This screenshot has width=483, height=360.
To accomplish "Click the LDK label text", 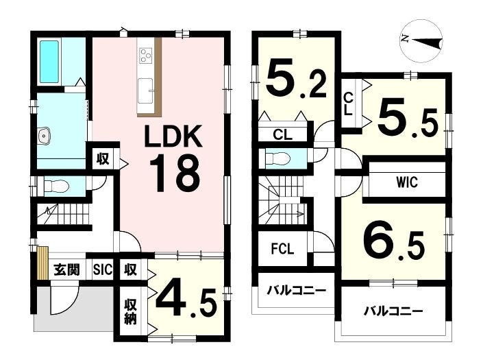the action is pyautogui.click(x=173, y=136).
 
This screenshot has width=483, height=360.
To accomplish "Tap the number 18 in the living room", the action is pyautogui.click(x=175, y=173).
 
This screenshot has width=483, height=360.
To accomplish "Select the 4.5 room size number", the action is pyautogui.click(x=186, y=298).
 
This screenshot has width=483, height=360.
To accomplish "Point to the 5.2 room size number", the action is pyautogui.click(x=296, y=80).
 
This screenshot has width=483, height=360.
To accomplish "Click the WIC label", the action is pyautogui.click(x=407, y=182).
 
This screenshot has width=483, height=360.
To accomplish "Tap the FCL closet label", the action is pyautogui.click(x=282, y=249).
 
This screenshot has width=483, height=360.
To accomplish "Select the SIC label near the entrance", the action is pyautogui.click(x=103, y=269).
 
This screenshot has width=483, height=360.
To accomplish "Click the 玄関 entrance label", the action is pyautogui.click(x=66, y=270).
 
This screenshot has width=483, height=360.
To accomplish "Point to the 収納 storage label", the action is pyautogui.click(x=130, y=311).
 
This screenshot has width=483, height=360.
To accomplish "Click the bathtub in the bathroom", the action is pyautogui.click(x=49, y=62).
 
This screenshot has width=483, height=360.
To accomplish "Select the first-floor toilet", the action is pyautogui.click(x=56, y=186).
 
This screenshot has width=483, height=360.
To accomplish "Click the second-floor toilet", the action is pyautogui.click(x=277, y=158).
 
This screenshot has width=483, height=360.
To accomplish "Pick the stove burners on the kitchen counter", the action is pyautogui.click(x=145, y=56).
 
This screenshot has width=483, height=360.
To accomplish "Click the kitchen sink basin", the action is pyautogui.click(x=145, y=91).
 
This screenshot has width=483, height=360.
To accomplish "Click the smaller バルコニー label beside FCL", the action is pyautogui.click(x=296, y=290).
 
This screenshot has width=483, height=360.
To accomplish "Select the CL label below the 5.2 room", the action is pyautogui.click(x=282, y=134).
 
